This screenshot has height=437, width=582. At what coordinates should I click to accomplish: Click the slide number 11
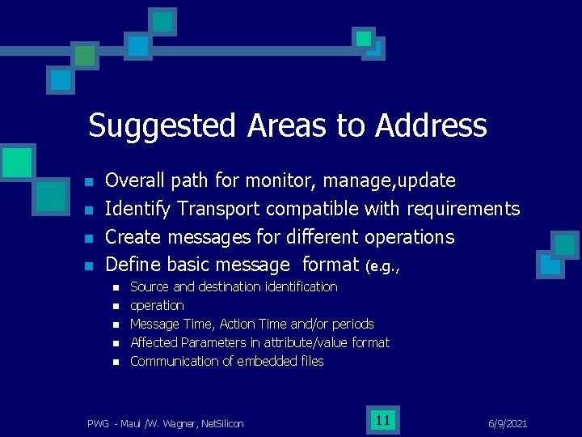[383, 419]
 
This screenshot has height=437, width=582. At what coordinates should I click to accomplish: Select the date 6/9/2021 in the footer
[508, 423]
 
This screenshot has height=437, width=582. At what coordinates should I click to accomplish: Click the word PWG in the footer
[99, 423]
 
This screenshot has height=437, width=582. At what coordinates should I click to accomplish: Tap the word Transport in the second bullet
[218, 209]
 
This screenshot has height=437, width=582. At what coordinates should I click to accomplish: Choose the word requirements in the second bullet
[463, 209]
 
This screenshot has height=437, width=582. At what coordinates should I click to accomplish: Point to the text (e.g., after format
[382, 265]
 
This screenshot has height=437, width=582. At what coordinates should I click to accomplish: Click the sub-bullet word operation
[157, 305]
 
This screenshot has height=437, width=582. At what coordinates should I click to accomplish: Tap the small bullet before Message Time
[116, 325]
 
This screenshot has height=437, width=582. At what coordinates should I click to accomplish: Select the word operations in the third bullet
[410, 237]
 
